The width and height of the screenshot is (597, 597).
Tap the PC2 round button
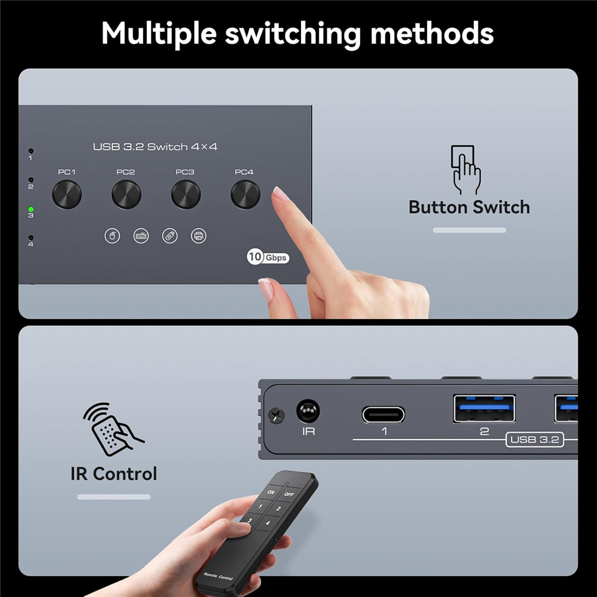click(126, 195)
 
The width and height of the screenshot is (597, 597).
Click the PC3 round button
click(186, 195)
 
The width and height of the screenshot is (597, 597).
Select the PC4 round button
click(246, 195)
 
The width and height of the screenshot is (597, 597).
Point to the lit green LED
click(31, 210)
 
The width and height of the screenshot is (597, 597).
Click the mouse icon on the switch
click(112, 236)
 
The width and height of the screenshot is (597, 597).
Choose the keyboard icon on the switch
click(141, 236)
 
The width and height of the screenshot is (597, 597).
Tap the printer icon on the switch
click(198, 236)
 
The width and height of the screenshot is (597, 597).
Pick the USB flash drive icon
click(170, 236)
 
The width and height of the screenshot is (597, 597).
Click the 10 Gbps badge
click(267, 257)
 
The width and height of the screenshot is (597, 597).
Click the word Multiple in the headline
click(159, 34)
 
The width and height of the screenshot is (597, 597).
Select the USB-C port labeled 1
click(383, 415)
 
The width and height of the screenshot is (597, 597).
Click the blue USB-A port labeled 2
click(484, 409)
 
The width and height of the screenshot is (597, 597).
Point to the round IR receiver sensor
click(308, 411)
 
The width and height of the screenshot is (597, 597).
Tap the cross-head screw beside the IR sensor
click(276, 415)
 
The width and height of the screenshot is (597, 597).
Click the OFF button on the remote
click(289, 494)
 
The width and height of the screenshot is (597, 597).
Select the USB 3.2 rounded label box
click(535, 440)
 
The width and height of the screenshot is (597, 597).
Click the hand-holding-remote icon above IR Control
click(113, 429)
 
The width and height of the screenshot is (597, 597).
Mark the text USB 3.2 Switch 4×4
click(155, 147)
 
